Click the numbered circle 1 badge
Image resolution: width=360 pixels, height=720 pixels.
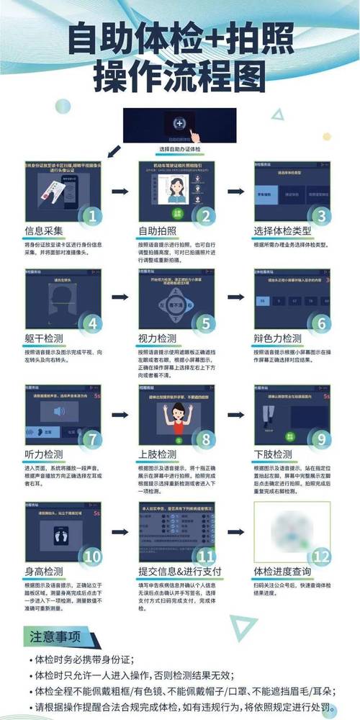pos(91,215)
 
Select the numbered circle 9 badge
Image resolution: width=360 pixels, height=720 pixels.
pos(321,438)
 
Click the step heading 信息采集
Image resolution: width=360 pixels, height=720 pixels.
pos(44,231)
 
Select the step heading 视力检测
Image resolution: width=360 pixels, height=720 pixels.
pos(157,338)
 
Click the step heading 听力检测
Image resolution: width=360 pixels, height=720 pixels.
pos(44,454)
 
